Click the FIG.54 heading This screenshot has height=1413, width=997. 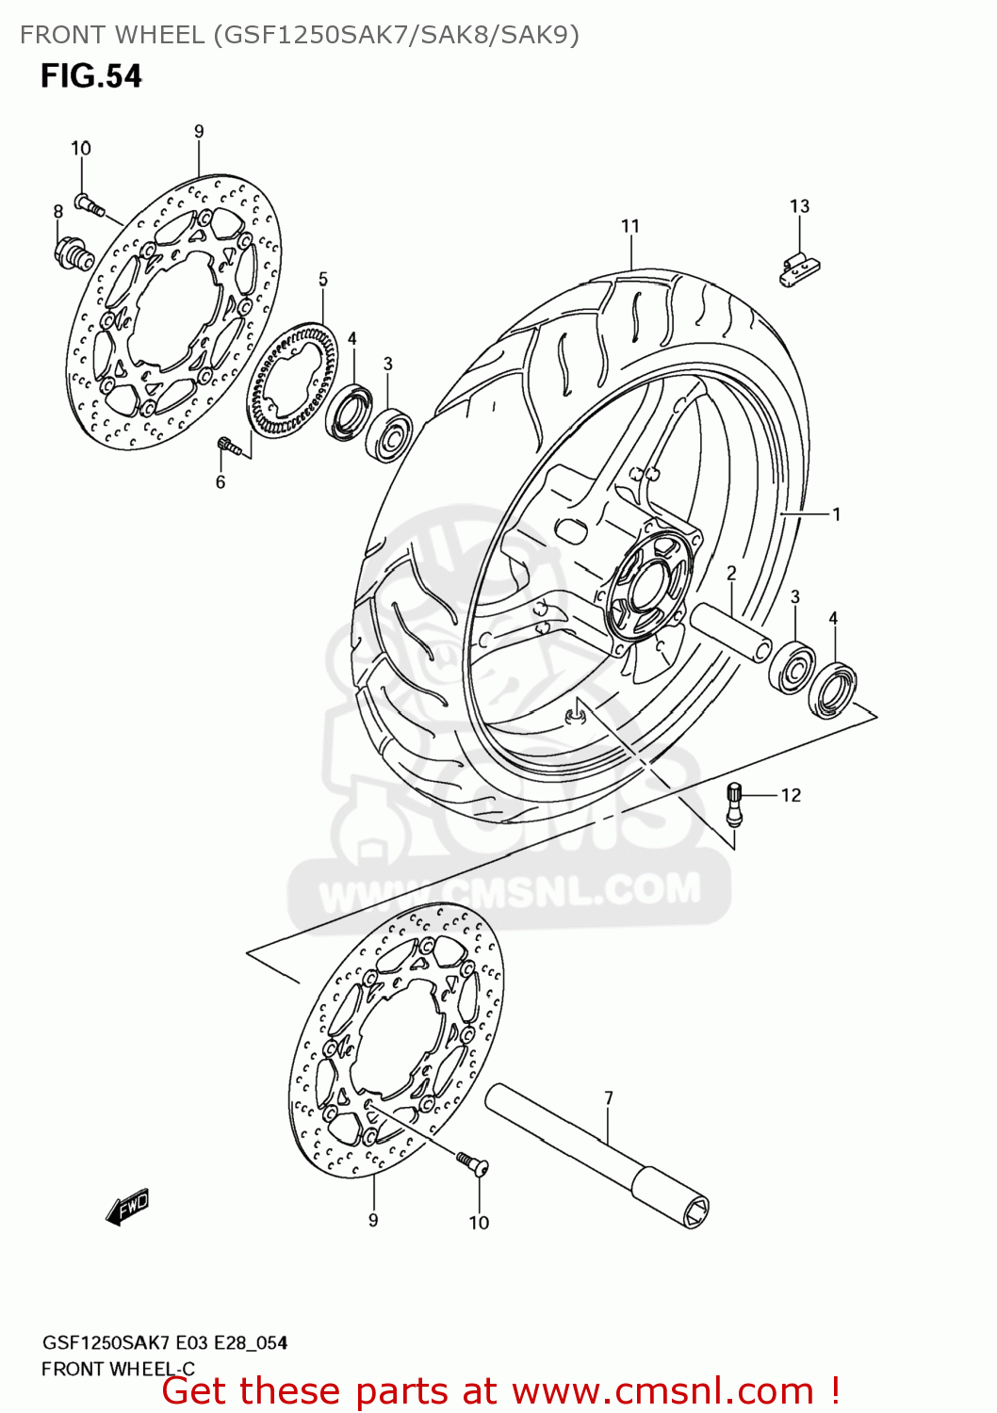[90, 75]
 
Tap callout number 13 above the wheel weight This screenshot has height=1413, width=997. [799, 206]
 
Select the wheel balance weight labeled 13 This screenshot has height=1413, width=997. [797, 269]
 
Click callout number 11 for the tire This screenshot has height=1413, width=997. [630, 226]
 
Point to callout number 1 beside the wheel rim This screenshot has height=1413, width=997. [836, 514]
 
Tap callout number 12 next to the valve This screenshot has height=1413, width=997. [791, 795]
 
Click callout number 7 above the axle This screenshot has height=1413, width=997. [609, 1097]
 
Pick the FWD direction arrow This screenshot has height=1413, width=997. [128, 1207]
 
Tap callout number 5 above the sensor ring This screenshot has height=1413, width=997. [323, 279]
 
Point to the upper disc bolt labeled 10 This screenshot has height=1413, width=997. [90, 203]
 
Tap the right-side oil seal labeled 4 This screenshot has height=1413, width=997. [833, 690]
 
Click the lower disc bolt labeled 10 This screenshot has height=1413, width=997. [471, 1163]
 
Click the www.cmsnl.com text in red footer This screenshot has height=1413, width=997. [662, 1391]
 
